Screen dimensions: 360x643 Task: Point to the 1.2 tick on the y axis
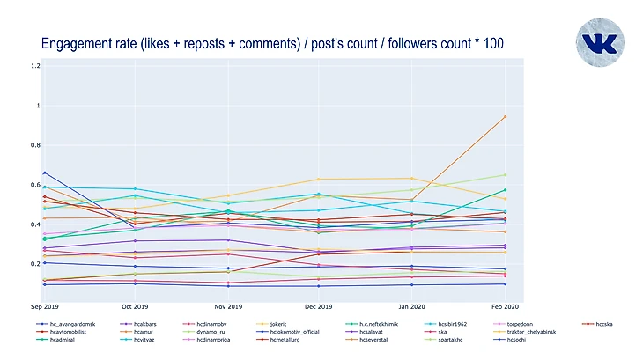[36, 66]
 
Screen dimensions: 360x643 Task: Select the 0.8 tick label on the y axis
[36, 145]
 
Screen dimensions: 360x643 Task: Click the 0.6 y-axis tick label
[36, 185]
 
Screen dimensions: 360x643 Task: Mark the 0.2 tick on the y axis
[36, 264]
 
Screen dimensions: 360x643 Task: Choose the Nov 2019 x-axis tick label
[228, 307]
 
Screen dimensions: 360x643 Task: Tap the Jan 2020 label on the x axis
[412, 307]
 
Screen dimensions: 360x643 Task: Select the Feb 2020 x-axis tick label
[505, 307]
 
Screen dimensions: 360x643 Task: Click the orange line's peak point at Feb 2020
[505, 116]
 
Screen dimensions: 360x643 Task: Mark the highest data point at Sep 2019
[44, 173]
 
